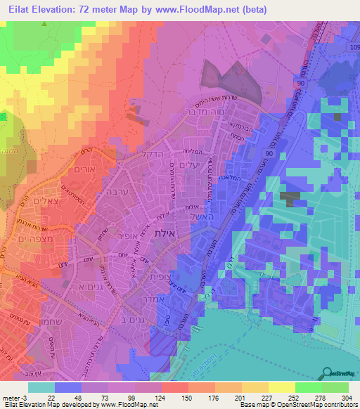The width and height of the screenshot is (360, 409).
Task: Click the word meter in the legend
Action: [x=11, y=398]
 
